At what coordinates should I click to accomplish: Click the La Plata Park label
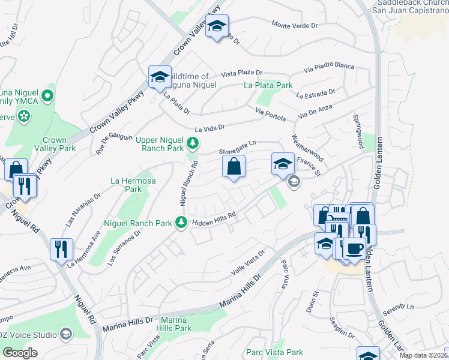point(268,86)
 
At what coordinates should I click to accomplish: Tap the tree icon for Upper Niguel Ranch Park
point(193,143)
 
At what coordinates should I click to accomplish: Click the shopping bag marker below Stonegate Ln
point(234,167)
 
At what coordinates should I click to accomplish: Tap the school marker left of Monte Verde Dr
point(216,26)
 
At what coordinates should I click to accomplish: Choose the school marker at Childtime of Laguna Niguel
point(160,77)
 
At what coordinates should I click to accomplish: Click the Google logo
point(20,353)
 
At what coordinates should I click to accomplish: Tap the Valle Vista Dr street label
point(249,265)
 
